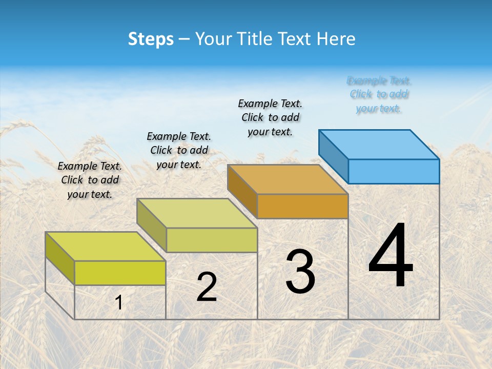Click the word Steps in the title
(151, 39)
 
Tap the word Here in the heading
(336, 39)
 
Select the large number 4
(391, 256)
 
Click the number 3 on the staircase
(300, 272)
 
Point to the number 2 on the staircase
(207, 288)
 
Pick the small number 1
(119, 303)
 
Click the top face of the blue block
(379, 144)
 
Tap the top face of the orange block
(288, 179)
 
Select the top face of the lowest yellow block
(106, 247)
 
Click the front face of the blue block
(394, 171)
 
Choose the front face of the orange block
(302, 206)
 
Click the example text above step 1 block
(90, 180)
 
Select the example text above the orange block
(270, 117)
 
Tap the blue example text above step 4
(379, 94)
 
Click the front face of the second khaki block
(212, 240)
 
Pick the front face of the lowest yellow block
(120, 273)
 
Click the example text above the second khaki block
(179, 150)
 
